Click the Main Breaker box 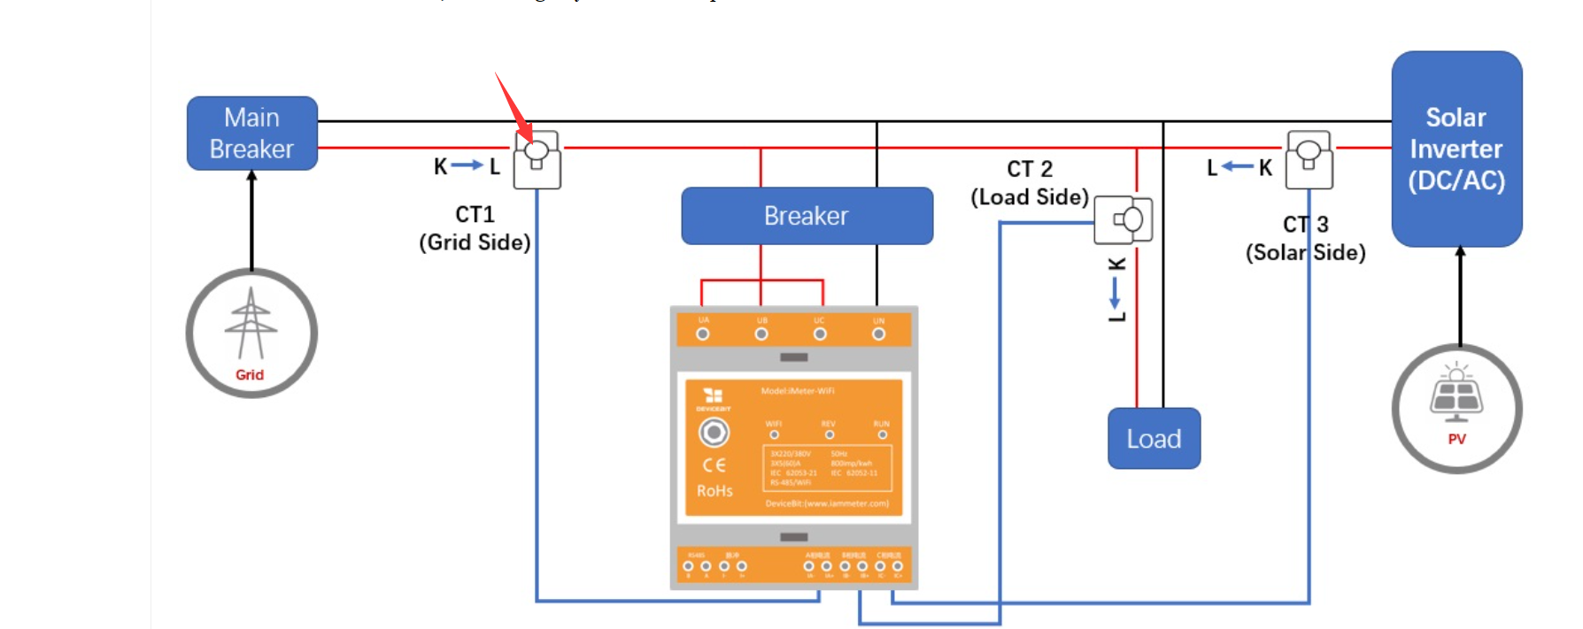point(252,134)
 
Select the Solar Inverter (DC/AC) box point(1456,149)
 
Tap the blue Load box point(1154,439)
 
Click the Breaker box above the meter point(807,216)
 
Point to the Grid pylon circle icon point(251,334)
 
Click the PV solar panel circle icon point(1456,409)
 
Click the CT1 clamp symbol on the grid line point(537,159)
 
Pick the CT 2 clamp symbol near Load point(1124,219)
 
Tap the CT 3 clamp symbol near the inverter point(1309,159)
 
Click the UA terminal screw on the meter point(703,334)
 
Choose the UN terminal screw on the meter point(878,334)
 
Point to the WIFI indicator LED point(775,434)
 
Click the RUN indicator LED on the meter point(882,434)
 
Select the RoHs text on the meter point(714,491)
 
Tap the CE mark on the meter point(714,465)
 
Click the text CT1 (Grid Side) point(475,228)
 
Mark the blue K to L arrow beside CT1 point(467,165)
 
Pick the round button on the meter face point(714,433)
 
